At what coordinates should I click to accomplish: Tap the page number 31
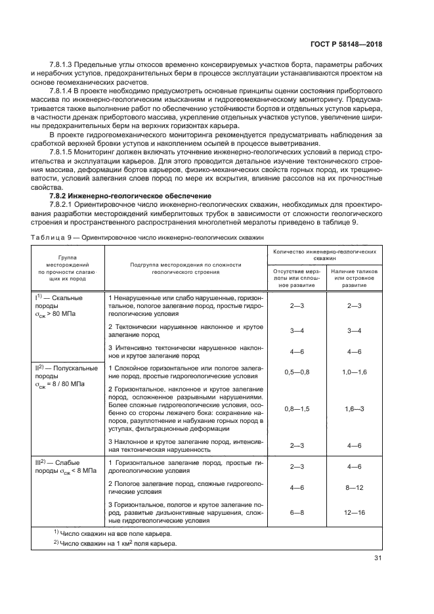377,558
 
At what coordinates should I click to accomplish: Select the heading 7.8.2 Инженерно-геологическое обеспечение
130,196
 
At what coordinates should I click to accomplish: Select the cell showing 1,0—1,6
355,372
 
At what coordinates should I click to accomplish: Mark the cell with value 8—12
355,488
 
